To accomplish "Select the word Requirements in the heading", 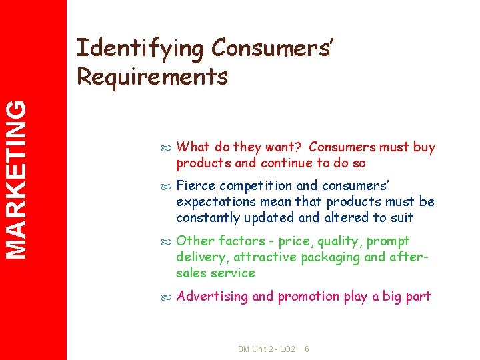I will point(152,77).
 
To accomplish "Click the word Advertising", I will point(212,297).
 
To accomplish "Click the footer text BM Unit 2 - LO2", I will point(266,349).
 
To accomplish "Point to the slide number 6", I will point(307,349).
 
